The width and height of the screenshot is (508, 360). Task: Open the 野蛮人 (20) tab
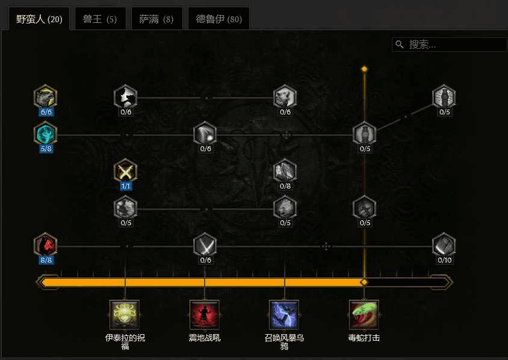point(39,19)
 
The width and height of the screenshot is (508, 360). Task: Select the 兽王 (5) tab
point(100,19)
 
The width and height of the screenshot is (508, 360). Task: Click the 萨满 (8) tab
point(157,19)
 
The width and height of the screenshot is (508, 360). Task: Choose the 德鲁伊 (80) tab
point(218,19)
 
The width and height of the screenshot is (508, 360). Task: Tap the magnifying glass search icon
point(400,45)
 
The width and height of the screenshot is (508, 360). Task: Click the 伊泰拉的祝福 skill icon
point(125,315)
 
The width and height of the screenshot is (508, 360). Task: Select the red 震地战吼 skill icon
point(205,315)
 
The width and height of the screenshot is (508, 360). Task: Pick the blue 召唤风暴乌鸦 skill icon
point(284,315)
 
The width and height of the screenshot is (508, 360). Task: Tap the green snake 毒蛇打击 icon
point(364,315)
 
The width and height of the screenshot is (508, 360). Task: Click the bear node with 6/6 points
point(46,96)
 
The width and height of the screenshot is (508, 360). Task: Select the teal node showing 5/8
point(46,133)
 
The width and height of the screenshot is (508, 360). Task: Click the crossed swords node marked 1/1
point(125,170)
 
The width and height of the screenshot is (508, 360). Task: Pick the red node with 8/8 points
point(46,244)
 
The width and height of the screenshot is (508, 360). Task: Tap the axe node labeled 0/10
point(444,244)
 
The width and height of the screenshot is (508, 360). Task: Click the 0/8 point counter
point(285,186)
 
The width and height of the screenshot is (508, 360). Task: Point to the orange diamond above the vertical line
point(365,69)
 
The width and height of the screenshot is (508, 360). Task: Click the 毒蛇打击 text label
point(364,338)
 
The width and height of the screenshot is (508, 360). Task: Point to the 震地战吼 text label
point(205,338)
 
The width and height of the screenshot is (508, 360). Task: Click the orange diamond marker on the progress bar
point(364,282)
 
